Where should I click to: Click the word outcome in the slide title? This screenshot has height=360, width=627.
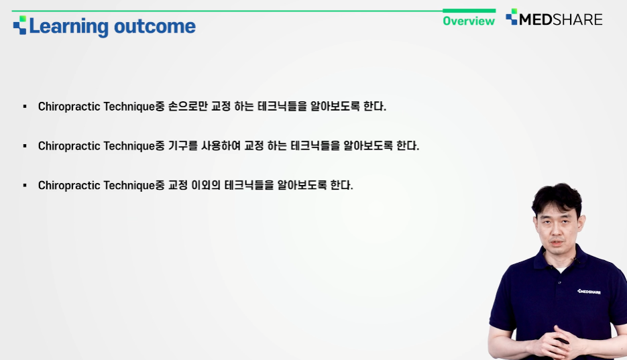155,27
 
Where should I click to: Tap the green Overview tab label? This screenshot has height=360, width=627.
469,21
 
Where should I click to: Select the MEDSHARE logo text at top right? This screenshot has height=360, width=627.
561,19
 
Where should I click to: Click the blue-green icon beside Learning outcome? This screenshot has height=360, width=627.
20,25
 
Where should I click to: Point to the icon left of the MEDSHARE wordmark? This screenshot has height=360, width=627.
512,17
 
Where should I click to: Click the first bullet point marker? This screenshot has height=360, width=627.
25,107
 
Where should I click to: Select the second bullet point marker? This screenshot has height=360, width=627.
25,146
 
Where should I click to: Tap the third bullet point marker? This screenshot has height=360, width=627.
25,186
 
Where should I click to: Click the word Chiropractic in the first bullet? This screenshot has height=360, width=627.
69,107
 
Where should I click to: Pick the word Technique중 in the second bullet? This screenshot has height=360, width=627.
134,146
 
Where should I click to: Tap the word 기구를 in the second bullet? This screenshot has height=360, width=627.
183,146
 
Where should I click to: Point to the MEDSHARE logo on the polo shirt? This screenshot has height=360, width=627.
589,292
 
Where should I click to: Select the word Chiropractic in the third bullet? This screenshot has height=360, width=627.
69,186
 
